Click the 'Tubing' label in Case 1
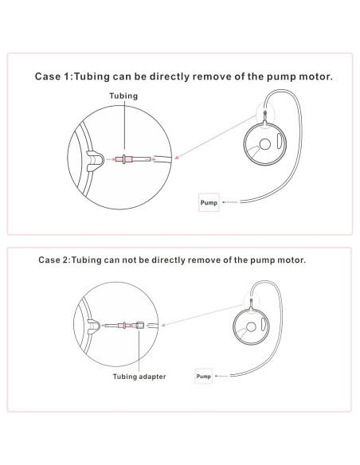(x=123, y=96)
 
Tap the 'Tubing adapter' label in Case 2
(x=139, y=377)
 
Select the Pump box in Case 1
(x=209, y=202)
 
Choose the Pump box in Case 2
(x=203, y=376)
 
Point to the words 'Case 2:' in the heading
(x=55, y=260)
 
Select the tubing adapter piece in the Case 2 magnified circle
(x=139, y=326)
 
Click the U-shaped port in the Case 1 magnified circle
(x=95, y=161)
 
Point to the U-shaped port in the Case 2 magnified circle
(x=93, y=326)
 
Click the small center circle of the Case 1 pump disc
(x=264, y=144)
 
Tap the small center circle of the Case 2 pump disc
(x=251, y=327)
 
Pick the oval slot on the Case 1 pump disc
(x=279, y=141)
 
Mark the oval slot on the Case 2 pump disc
(x=263, y=324)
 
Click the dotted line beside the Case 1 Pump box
(x=230, y=202)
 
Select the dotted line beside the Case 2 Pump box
(x=221, y=376)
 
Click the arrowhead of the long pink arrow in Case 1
(x=177, y=157)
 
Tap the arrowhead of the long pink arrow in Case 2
(x=163, y=324)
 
